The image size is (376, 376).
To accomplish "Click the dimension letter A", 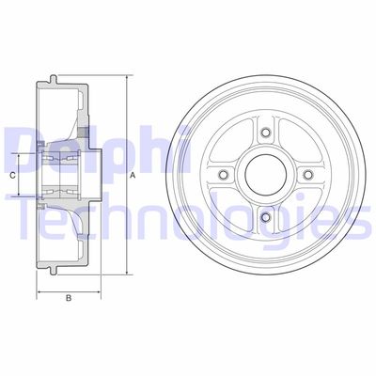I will tap(133, 175).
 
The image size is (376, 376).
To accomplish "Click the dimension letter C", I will tap(13, 175).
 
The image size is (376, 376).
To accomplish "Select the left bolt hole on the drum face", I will tap(223, 175).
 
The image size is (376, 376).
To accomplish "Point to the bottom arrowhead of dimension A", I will tap(124, 279).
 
